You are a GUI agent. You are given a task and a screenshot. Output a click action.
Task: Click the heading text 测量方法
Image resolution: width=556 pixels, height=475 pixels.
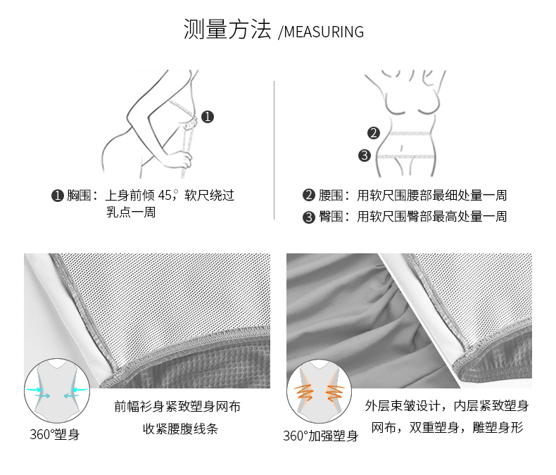point(227,29)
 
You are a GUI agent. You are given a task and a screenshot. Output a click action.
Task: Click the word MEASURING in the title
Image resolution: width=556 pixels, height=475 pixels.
point(324,32)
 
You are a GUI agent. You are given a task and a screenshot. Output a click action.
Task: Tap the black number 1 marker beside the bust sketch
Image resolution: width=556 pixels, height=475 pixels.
point(208,117)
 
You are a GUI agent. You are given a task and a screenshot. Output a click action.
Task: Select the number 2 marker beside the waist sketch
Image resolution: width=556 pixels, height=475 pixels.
point(374,133)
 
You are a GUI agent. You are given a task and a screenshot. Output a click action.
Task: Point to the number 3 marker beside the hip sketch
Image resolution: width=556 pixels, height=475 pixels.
point(364,156)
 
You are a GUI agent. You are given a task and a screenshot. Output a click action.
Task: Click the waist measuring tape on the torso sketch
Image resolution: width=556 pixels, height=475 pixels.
point(410,134)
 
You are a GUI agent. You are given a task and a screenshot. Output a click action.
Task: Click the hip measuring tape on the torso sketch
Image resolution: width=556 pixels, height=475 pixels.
point(405,156)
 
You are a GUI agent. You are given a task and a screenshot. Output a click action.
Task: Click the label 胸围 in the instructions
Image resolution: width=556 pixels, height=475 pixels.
point(79,196)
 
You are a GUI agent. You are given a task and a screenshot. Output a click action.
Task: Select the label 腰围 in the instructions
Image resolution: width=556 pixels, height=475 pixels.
point(331,196)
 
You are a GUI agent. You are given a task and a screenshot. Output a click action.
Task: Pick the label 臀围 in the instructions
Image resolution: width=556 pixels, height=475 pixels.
point(331,217)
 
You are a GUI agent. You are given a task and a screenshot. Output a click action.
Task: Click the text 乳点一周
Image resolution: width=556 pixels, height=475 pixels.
point(131,212)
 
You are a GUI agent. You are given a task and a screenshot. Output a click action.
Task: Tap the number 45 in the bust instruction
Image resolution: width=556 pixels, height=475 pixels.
point(165,196)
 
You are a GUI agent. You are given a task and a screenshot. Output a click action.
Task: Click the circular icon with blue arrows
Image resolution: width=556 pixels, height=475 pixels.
point(57,391)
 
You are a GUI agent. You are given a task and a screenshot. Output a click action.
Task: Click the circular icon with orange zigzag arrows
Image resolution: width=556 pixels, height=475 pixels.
point(319,391)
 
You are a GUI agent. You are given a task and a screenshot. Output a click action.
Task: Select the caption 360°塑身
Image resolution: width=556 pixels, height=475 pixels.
point(55,435)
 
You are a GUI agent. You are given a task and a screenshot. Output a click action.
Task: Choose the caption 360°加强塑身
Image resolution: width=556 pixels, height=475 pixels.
point(320,436)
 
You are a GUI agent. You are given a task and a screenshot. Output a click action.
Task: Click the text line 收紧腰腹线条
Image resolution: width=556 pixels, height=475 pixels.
point(180,429)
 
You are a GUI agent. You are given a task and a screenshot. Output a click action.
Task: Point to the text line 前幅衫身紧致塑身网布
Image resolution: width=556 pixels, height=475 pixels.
point(177,407)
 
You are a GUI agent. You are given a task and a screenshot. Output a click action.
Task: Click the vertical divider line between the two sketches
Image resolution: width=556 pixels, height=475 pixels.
point(274,151)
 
